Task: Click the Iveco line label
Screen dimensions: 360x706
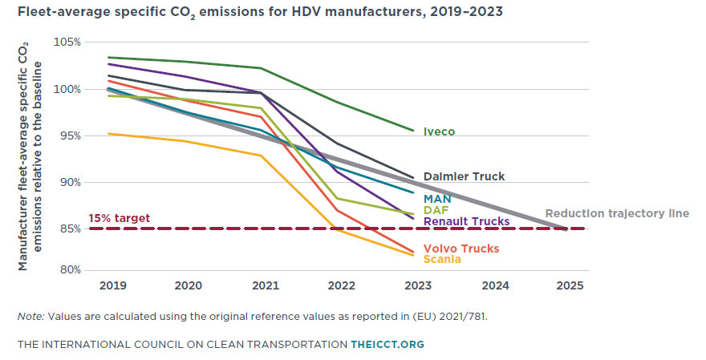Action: point(441,132)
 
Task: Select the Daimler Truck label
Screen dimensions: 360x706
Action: point(465,176)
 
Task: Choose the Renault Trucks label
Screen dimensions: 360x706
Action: point(466,221)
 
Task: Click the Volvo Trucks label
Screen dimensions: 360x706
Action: point(461,249)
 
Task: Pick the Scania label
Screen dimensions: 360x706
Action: point(442,259)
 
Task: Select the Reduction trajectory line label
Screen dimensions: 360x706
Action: point(617,213)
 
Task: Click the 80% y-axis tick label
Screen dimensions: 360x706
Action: point(69,270)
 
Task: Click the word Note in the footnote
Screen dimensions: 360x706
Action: point(30,317)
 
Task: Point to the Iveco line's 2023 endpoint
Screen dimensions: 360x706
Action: point(414,130)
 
